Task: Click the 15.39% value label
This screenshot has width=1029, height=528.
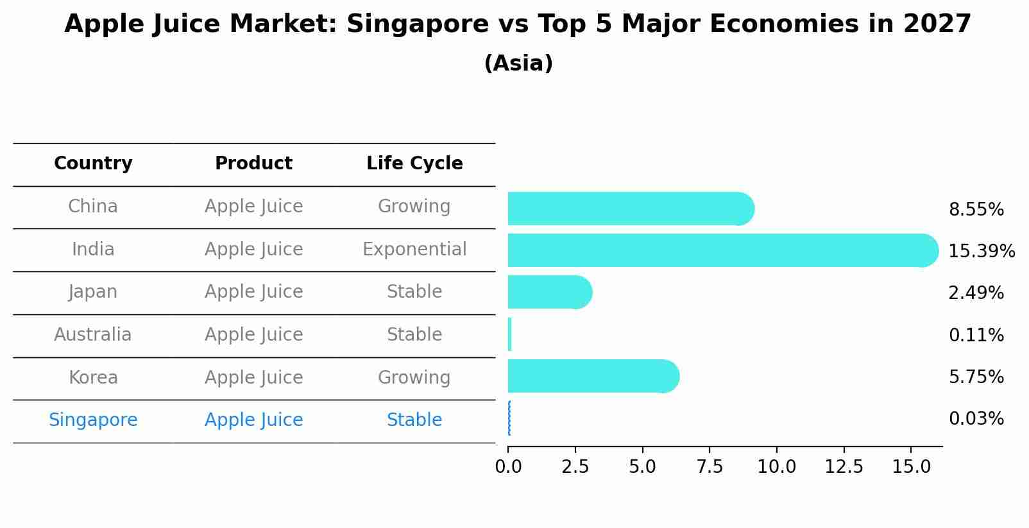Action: [982, 251]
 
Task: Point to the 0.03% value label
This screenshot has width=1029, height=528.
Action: [976, 419]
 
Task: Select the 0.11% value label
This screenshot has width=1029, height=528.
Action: [976, 335]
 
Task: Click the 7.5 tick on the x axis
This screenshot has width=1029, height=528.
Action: [710, 466]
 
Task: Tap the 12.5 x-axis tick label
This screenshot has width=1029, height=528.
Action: [844, 466]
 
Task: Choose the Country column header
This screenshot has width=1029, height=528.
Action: [93, 164]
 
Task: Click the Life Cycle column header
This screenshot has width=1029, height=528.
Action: [414, 164]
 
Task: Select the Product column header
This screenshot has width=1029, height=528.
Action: [253, 164]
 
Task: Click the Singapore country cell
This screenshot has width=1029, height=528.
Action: [93, 420]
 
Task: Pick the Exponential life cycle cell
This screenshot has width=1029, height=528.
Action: [414, 249]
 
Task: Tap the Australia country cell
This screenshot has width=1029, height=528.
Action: [93, 335]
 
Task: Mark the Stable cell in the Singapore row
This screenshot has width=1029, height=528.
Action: [414, 420]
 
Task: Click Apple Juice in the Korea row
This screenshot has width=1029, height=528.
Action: [253, 377]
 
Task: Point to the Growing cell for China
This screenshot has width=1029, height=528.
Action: [414, 207]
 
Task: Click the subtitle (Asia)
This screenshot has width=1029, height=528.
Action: [518, 64]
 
